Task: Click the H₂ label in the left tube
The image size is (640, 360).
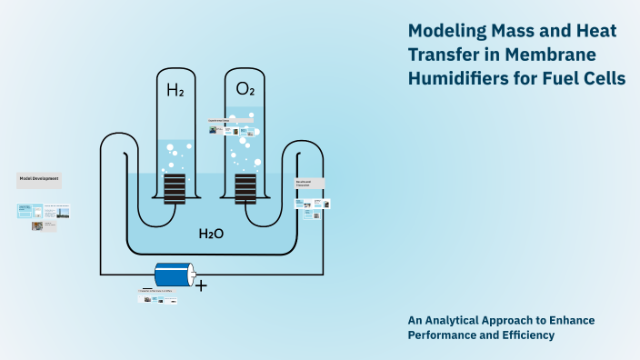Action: coord(175,90)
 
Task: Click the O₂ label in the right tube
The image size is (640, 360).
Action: coord(245,89)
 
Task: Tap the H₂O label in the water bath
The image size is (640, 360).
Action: coord(211,234)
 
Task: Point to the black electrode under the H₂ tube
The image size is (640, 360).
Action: coord(175,189)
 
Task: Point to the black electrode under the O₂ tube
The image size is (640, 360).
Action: coord(245,189)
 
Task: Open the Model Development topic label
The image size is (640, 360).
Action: coord(39,179)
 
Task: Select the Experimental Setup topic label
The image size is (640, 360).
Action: coord(222,120)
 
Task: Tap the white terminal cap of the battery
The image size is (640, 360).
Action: coord(191,275)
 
